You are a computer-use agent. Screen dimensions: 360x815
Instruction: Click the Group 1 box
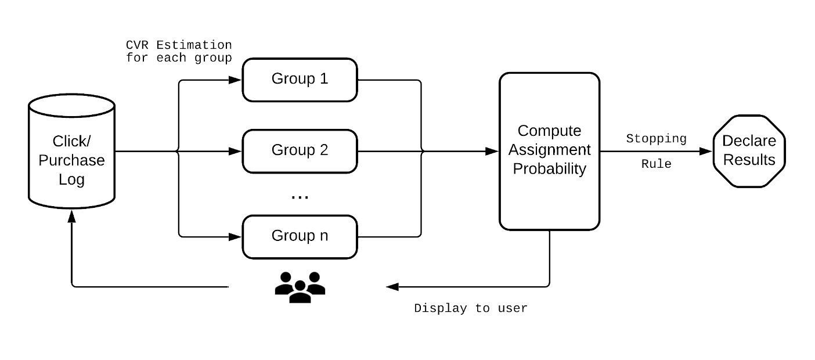tap(300, 80)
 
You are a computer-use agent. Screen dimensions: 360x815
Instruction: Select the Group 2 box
tap(300, 151)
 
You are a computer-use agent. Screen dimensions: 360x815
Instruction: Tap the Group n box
tap(300, 236)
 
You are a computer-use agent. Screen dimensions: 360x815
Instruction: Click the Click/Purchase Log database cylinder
tap(71, 152)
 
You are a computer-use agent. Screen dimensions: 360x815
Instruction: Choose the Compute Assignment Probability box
tap(549, 151)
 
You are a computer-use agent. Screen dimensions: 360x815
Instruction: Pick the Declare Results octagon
tap(749, 151)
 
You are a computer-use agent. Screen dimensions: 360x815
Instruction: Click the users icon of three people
tap(300, 286)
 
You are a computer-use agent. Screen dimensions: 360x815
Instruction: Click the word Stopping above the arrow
tap(656, 139)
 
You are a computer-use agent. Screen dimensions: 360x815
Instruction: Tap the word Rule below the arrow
tap(656, 164)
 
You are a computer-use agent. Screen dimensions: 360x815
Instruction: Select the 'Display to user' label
tap(470, 308)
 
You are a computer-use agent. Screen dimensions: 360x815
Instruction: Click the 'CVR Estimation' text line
tap(179, 45)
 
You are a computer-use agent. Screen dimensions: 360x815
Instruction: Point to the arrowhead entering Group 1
tap(235, 80)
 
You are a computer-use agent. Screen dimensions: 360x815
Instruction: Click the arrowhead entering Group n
tap(235, 237)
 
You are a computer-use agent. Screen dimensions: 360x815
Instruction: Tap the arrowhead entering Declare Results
tap(706, 151)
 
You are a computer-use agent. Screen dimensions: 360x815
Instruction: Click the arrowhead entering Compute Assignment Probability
tap(492, 151)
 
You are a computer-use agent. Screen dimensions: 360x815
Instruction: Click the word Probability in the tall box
tap(549, 169)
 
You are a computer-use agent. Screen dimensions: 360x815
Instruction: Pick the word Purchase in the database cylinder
tap(71, 160)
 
